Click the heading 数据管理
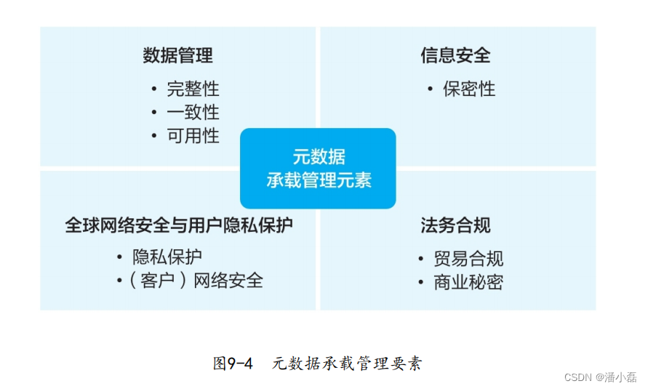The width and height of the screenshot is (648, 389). (177, 55)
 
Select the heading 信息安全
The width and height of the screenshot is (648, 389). (455, 55)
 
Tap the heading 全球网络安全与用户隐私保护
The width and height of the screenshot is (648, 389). (179, 225)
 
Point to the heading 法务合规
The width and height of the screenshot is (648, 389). (455, 225)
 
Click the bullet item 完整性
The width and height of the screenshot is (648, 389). (193, 89)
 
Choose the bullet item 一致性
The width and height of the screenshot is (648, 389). (193, 113)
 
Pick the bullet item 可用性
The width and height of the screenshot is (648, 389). (193, 136)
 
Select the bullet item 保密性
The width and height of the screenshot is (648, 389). (469, 89)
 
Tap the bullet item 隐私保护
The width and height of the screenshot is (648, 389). (167, 257)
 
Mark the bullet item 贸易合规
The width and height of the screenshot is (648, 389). (468, 259)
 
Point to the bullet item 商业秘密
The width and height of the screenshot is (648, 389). (468, 282)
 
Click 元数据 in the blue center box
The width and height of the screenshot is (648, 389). (319, 156)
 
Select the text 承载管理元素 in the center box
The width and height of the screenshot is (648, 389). (319, 180)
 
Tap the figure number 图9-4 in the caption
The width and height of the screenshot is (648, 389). (233, 364)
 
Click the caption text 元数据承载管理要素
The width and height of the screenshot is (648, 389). (347, 364)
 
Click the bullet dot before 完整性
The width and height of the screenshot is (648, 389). (153, 89)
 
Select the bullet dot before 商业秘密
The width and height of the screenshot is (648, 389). (420, 282)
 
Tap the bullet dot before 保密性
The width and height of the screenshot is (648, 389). (430, 89)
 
